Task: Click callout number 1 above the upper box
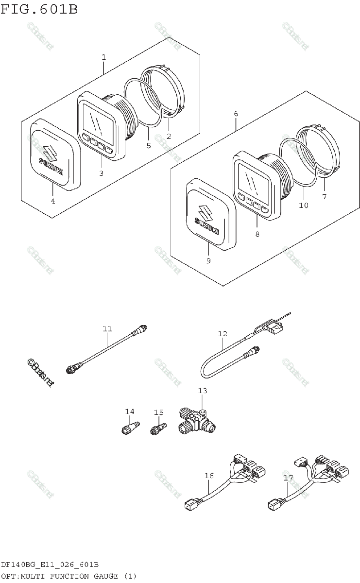(x=103, y=57)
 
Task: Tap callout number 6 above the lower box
(x=236, y=114)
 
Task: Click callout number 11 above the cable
(x=107, y=329)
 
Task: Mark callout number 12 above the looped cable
(x=223, y=334)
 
